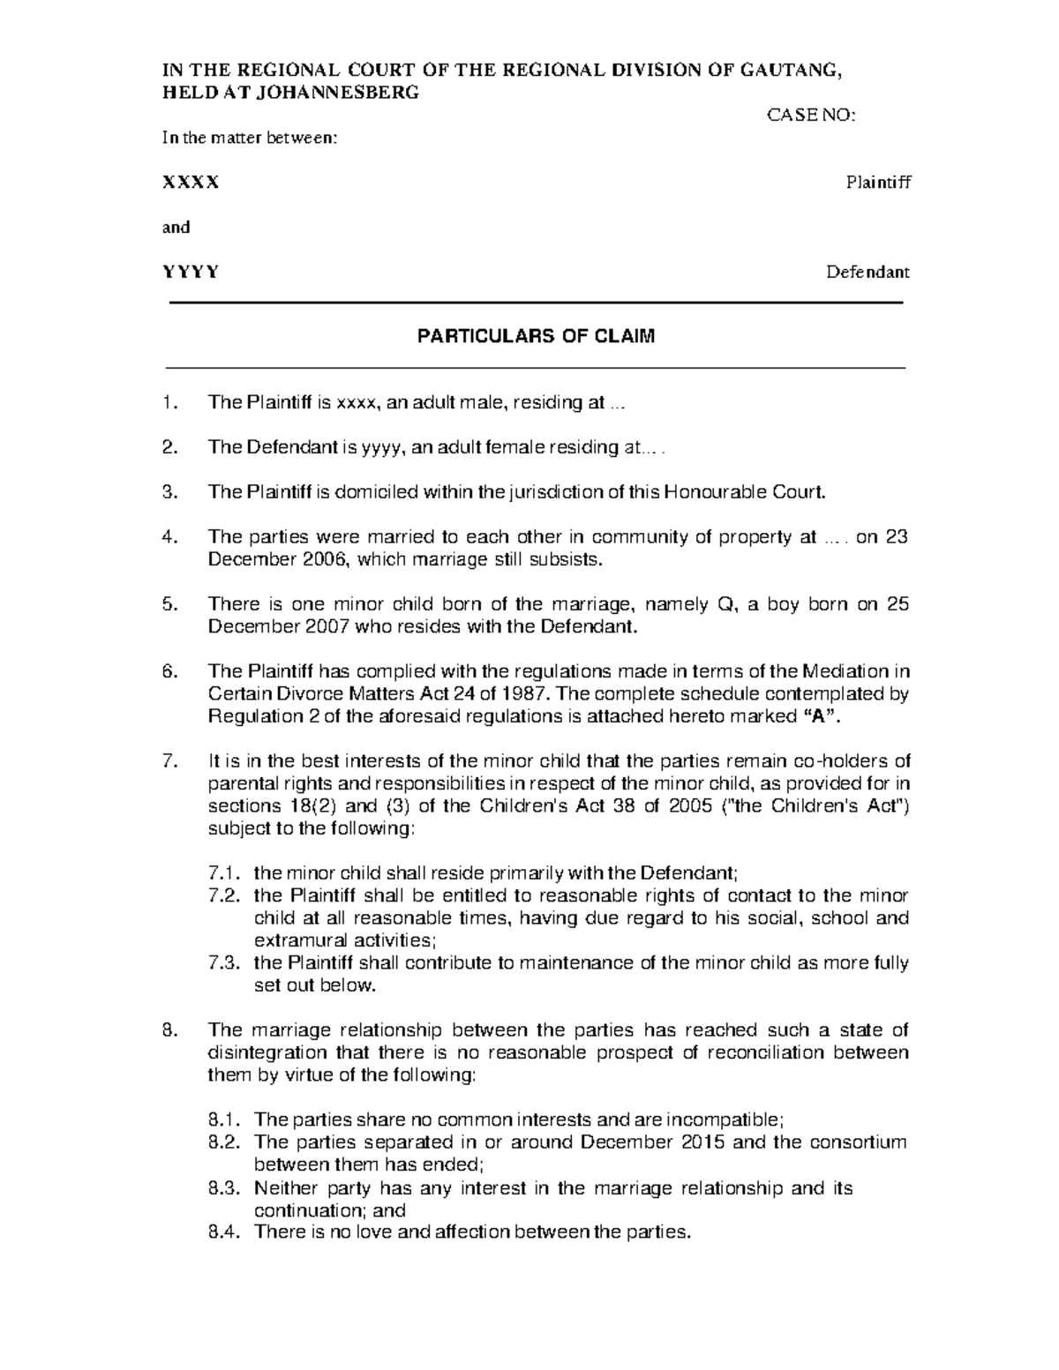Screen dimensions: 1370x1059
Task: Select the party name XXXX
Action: [190, 183]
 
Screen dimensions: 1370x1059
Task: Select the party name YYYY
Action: [190, 272]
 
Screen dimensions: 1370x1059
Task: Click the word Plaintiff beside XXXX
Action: [877, 183]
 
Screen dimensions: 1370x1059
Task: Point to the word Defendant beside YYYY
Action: [867, 272]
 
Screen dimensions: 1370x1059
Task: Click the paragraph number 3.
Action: [169, 492]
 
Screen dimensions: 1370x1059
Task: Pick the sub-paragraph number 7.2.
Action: [224, 895]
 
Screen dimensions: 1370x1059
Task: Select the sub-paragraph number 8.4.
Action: [224, 1232]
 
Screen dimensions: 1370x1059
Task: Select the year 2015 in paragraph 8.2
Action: [704, 1142]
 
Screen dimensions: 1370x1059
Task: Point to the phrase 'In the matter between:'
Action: [249, 138]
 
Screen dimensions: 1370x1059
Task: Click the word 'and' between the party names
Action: [176, 228]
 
